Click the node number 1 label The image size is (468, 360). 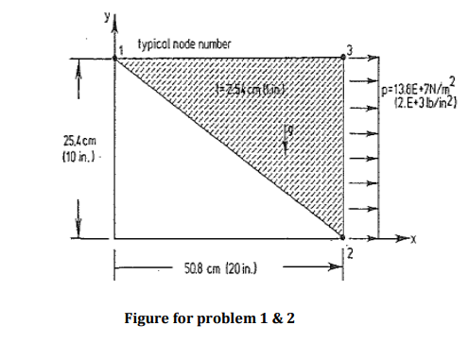(121, 45)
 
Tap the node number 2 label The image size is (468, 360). (349, 251)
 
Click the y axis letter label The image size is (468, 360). (106, 14)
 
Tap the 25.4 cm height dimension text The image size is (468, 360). (36, 144)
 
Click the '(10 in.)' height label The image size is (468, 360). (37, 156)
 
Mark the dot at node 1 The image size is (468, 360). (115, 58)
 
